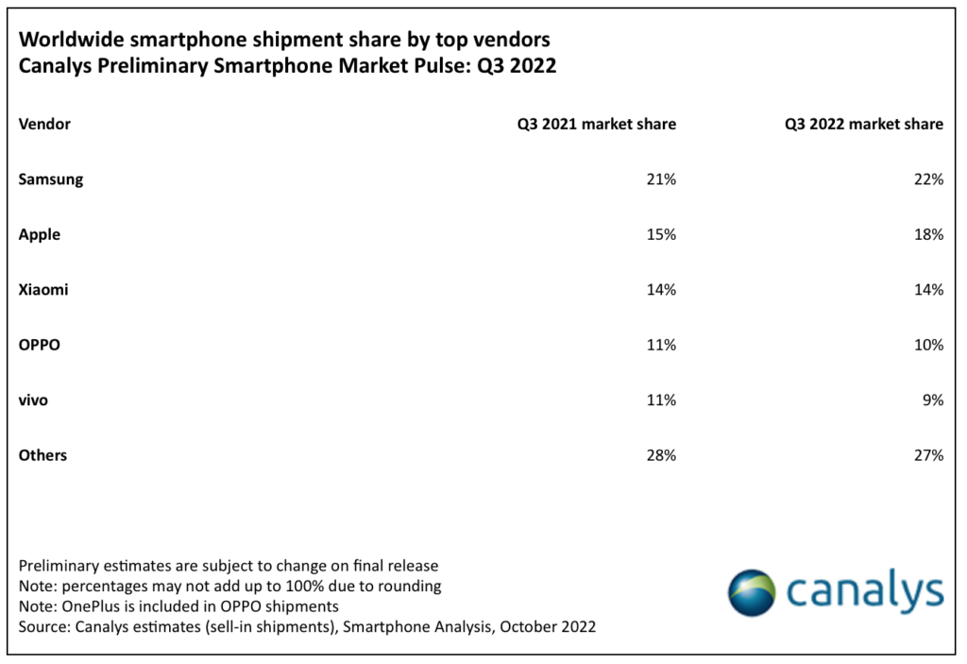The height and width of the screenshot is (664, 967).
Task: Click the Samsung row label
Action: coord(51,179)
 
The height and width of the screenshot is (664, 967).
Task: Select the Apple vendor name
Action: coord(40,234)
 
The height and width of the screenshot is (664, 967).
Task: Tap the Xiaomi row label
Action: coord(43,290)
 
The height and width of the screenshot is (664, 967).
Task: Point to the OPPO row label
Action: coord(40,345)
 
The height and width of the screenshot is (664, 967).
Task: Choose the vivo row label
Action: coord(33,400)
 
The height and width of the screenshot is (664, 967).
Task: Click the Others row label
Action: coord(43,455)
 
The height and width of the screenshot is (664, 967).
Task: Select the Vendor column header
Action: coord(44,124)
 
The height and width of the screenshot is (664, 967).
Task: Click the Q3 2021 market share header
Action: coord(596,124)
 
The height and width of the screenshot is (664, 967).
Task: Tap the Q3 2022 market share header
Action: coord(863,124)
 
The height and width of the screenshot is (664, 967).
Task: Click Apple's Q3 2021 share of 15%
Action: coord(660,234)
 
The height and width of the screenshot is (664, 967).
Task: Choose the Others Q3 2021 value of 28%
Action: coord(660,455)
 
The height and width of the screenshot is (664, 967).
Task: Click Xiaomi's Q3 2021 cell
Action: coord(660,290)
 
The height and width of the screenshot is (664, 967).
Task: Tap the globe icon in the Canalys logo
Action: coord(752,592)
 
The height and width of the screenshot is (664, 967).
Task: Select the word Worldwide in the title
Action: coord(66,41)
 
